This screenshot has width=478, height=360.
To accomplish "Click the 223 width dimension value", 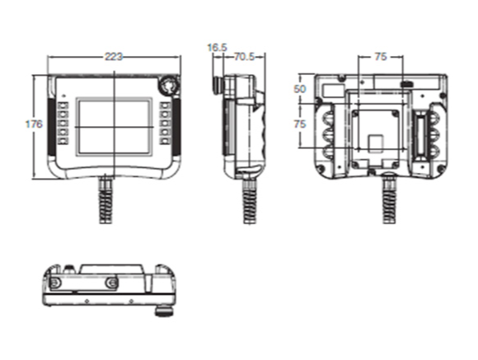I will tap(114, 57).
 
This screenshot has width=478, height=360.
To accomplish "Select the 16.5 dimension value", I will tap(217, 49).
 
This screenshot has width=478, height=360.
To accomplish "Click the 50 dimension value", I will tap(300, 88).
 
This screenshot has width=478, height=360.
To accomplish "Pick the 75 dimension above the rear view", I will tap(380, 57).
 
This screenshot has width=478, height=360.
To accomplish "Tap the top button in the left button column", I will tap(63, 105).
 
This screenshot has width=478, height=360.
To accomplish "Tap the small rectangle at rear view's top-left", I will tap(334, 86).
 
